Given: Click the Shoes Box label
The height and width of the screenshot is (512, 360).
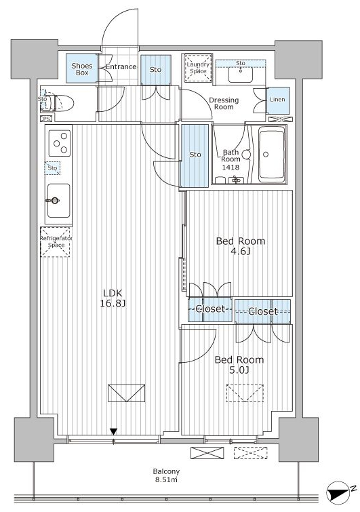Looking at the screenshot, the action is pyautogui.click(x=82, y=69).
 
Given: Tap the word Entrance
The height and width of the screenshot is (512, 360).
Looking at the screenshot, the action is pyautogui.click(x=121, y=66).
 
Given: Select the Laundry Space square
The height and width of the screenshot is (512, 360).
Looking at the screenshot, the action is pyautogui.click(x=198, y=68).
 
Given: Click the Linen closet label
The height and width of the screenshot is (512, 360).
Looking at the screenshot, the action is pyautogui.click(x=277, y=100).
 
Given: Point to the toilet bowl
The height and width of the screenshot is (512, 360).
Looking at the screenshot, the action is pyautogui.click(x=62, y=103).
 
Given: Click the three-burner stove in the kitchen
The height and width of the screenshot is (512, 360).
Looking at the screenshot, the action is pyautogui.click(x=60, y=143).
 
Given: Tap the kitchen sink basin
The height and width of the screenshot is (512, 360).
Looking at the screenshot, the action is pyautogui.click(x=59, y=201).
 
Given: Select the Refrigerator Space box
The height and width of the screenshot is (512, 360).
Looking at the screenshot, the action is pyautogui.click(x=55, y=242).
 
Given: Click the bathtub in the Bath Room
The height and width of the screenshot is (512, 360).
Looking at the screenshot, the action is pyautogui.click(x=271, y=154).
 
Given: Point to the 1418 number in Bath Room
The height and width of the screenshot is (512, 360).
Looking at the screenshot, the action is pyautogui.click(x=231, y=168).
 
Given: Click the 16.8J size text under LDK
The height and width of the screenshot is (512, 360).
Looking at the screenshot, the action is pyautogui.click(x=113, y=304).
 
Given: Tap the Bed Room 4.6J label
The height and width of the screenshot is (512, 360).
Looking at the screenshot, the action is pyautogui.click(x=241, y=246).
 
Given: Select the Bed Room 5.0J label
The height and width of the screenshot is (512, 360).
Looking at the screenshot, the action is pyautogui.click(x=239, y=365).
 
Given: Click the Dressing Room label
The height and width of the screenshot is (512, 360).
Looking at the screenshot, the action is pyautogui.click(x=224, y=104).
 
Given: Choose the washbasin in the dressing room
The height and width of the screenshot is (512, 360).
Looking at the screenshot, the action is pyautogui.click(x=241, y=74).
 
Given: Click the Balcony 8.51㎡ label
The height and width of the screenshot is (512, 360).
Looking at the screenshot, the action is pyautogui.click(x=167, y=476).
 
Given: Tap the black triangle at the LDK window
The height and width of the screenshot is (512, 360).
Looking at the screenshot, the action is pyautogui.click(x=113, y=432).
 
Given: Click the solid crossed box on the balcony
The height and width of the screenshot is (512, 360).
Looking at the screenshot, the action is pyautogui.click(x=207, y=453).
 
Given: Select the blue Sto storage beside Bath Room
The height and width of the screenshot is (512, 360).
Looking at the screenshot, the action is pyautogui.click(x=195, y=156).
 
